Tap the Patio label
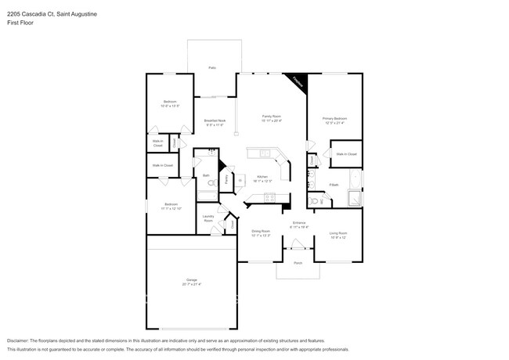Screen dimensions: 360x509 click(211, 69)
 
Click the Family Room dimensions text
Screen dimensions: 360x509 click(272, 121)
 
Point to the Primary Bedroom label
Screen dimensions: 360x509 click(334, 118)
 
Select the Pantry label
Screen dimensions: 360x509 click(226, 179)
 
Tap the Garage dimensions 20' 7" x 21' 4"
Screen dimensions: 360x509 click(191, 283)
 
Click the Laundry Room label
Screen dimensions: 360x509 click(208, 218)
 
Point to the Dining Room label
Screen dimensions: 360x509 click(261, 231)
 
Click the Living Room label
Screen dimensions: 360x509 click(338, 233)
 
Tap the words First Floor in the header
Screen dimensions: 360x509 click(20, 23)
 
